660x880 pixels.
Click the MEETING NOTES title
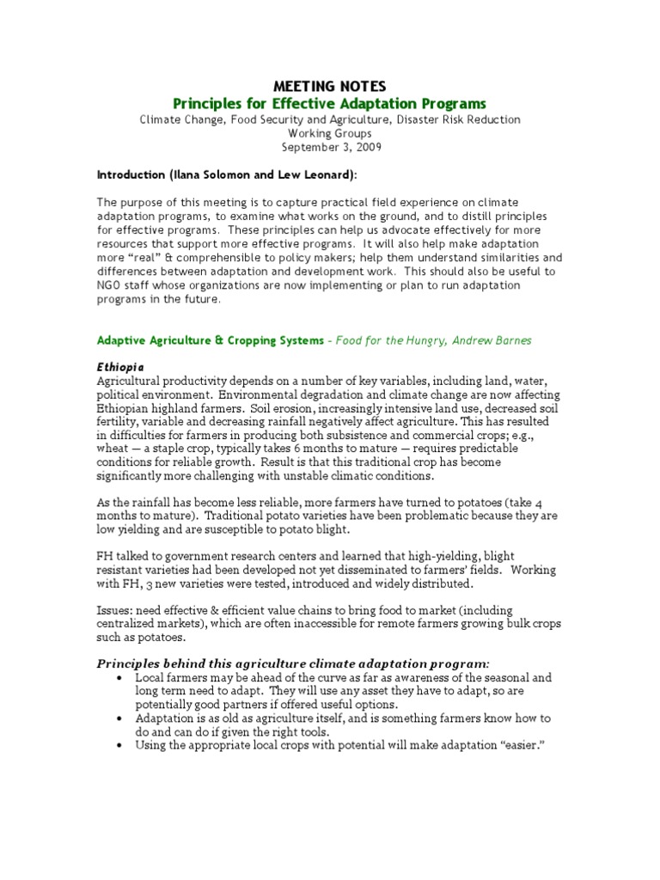pos(329,86)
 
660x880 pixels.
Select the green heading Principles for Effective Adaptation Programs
pos(329,103)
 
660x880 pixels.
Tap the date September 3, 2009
pos(329,147)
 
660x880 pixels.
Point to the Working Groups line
pos(329,133)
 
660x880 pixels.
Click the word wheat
pos(113,449)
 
